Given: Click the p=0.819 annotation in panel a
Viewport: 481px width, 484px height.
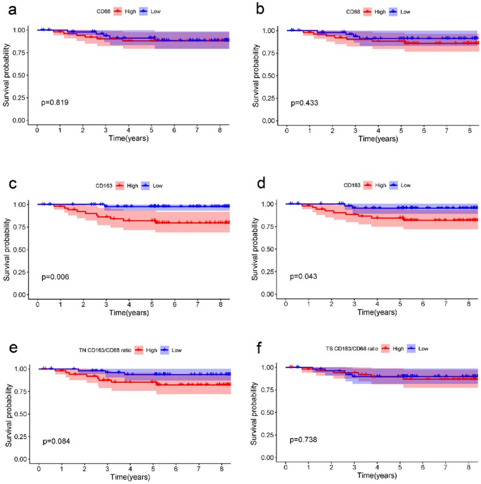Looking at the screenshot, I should click(x=55, y=103).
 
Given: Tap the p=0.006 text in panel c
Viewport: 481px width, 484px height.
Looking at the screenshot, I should click(x=55, y=277).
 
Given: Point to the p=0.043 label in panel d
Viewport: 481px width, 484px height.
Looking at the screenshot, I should click(x=303, y=276).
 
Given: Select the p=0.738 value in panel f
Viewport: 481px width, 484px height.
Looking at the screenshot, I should click(x=303, y=440).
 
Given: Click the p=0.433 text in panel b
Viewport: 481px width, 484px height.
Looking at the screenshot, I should click(x=304, y=103).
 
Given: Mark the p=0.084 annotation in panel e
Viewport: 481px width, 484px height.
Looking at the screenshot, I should click(x=56, y=441).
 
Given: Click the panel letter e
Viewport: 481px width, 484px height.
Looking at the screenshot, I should click(x=13, y=348).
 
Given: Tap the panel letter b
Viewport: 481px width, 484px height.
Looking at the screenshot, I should click(x=260, y=10).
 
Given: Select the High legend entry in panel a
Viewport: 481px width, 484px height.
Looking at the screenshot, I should click(x=130, y=11).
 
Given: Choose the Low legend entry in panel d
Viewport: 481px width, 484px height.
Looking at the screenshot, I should click(x=405, y=185).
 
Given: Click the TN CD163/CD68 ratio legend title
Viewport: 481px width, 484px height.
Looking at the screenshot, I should click(x=105, y=350).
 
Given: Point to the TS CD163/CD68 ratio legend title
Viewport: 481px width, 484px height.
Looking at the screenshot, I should click(x=352, y=349).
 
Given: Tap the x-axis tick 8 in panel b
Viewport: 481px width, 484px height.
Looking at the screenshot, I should click(x=469, y=131).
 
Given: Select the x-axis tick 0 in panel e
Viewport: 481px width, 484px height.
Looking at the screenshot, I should click(x=39, y=469).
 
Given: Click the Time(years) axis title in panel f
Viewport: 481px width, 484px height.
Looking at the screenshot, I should click(x=377, y=475).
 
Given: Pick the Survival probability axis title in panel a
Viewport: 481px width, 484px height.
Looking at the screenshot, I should click(x=6, y=75).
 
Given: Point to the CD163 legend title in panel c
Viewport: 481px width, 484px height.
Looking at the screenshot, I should click(x=104, y=186).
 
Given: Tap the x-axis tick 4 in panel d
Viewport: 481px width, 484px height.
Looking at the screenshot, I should click(x=377, y=304).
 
